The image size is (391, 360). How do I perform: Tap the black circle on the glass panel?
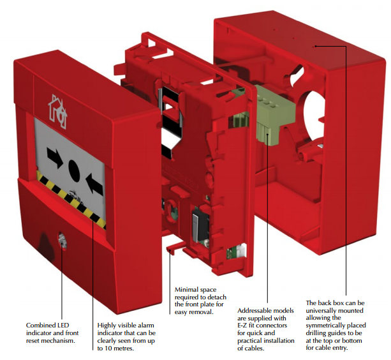click(x=74, y=170)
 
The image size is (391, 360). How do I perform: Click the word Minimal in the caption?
click(x=187, y=290)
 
